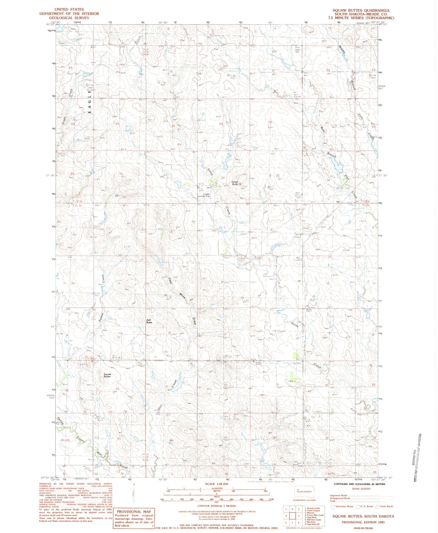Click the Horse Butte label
click(x=235, y=183)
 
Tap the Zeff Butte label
click(x=149, y=321)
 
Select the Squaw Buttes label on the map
click(x=107, y=375)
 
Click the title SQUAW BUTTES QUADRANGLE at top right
click(x=361, y=10)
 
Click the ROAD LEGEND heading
click(x=361, y=489)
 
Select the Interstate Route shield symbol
click(x=333, y=506)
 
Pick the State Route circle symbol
click(x=378, y=506)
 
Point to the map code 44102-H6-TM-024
click(x=363, y=528)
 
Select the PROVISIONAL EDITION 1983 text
click(x=363, y=522)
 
